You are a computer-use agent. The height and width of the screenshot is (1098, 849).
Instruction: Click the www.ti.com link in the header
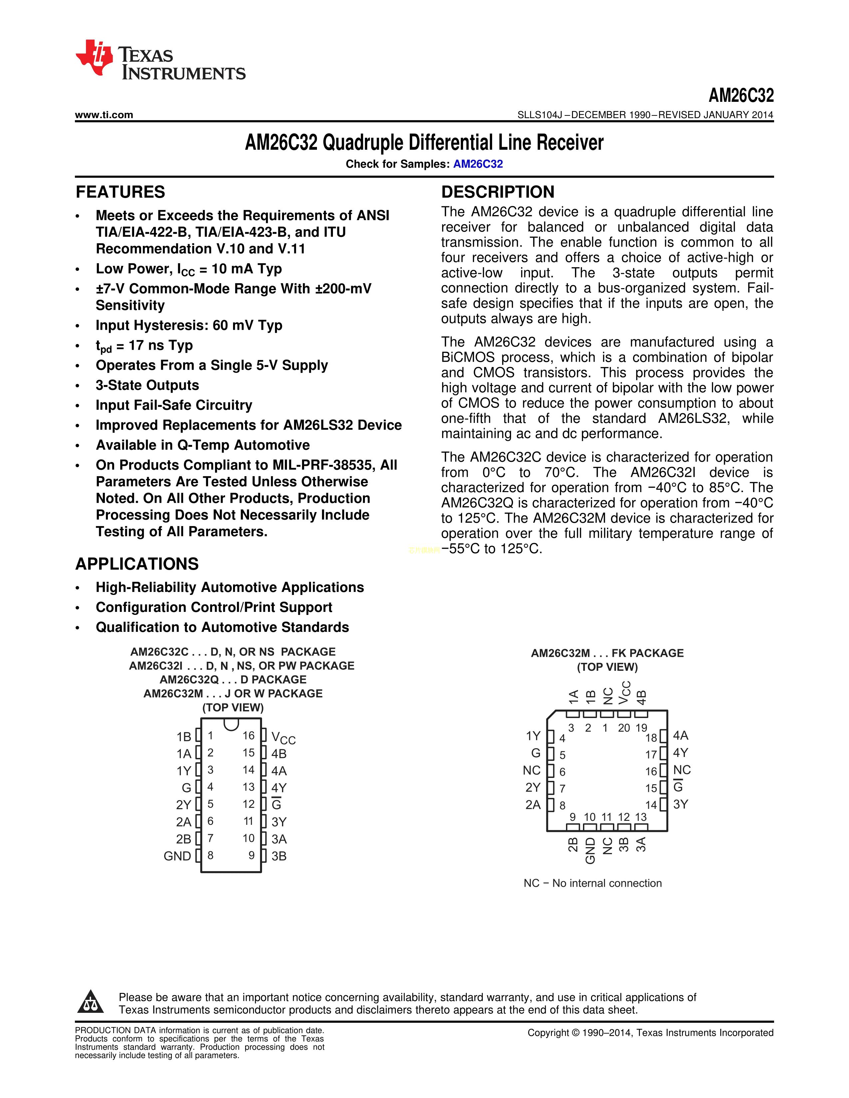pyautogui.click(x=104, y=115)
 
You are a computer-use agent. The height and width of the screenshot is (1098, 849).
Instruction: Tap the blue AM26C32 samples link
pyautogui.click(x=478, y=164)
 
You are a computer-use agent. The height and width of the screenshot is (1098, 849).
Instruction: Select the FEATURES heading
pyautogui.click(x=120, y=192)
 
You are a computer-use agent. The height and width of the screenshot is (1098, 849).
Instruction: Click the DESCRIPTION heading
pyautogui.click(x=497, y=192)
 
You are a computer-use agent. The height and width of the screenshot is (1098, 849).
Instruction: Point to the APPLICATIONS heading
pyautogui.click(x=137, y=564)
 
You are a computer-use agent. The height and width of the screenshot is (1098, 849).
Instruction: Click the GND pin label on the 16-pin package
pyautogui.click(x=177, y=856)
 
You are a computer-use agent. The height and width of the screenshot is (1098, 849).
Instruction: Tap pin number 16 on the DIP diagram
pyautogui.click(x=248, y=736)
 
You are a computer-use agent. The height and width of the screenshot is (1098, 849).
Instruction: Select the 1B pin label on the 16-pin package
pyautogui.click(x=183, y=737)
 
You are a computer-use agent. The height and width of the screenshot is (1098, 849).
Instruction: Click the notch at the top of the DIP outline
pyautogui.click(x=231, y=724)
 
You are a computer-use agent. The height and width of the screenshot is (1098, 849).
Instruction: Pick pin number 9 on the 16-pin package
pyautogui.click(x=251, y=855)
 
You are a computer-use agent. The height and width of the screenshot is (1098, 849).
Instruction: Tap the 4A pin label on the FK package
pyautogui.click(x=681, y=736)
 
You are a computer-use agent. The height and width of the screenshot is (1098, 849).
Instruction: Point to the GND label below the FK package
pyautogui.click(x=591, y=851)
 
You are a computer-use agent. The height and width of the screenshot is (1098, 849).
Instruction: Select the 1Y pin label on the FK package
pyautogui.click(x=533, y=736)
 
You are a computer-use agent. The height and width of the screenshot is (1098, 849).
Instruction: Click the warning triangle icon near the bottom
pyautogui.click(x=91, y=1002)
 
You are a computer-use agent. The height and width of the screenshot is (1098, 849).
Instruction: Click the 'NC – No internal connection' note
pyautogui.click(x=593, y=883)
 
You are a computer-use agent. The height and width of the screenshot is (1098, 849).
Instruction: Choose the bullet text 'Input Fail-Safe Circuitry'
pyautogui.click(x=174, y=405)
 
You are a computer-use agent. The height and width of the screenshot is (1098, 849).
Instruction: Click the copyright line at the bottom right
pyautogui.click(x=650, y=1033)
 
